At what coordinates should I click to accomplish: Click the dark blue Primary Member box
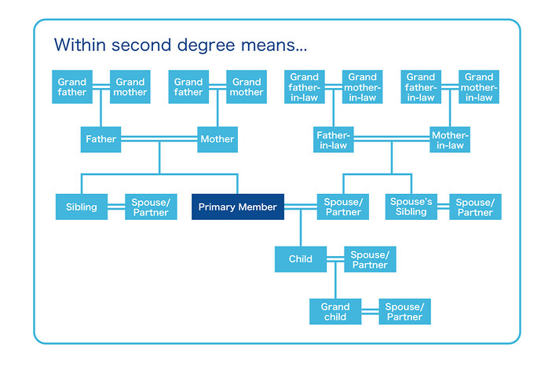tap(237, 207)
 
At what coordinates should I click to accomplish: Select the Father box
tap(101, 139)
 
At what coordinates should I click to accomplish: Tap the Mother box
tap(217, 139)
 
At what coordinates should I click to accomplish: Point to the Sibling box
tap(82, 207)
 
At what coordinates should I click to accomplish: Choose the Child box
tap(300, 259)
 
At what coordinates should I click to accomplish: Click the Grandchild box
tap(335, 312)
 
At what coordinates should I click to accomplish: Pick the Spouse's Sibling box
tap(411, 207)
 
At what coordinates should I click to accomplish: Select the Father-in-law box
tap(333, 140)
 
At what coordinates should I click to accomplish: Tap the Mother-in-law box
tap(449, 140)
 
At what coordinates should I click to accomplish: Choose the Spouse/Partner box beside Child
tap(369, 259)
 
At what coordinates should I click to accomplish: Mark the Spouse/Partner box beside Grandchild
tap(404, 312)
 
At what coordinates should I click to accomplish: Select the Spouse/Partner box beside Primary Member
tap(342, 207)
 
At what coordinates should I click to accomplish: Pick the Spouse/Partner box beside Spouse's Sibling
tap(474, 207)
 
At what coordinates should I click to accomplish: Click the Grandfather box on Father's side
tap(72, 86)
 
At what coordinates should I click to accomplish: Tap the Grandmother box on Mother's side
tap(246, 86)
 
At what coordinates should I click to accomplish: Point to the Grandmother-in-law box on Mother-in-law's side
tap(478, 86)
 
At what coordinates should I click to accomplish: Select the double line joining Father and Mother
tap(159, 139)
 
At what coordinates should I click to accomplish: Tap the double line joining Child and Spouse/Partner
tap(334, 259)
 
